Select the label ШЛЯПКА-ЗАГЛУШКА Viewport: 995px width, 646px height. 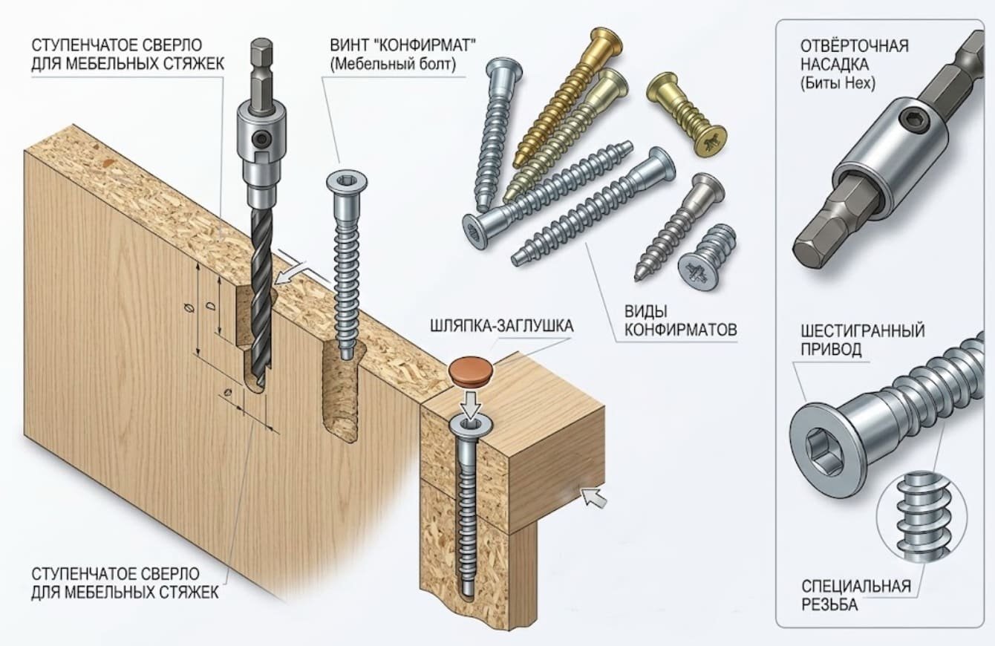pyautogui.click(x=501, y=327)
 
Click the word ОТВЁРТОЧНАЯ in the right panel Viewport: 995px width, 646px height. pyautogui.click(x=855, y=46)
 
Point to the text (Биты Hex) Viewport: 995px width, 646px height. pyautogui.click(x=838, y=84)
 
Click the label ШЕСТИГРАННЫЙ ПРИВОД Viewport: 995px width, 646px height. pyautogui.click(x=863, y=340)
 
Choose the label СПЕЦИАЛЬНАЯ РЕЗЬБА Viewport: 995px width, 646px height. pyautogui.click(x=856, y=596)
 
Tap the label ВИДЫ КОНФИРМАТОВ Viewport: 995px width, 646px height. pyautogui.click(x=680, y=320)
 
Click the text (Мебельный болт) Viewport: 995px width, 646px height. pyautogui.click(x=393, y=65)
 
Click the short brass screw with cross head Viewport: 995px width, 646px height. pyautogui.click(x=686, y=114)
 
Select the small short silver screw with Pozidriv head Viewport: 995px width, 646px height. pyautogui.click(x=707, y=257)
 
